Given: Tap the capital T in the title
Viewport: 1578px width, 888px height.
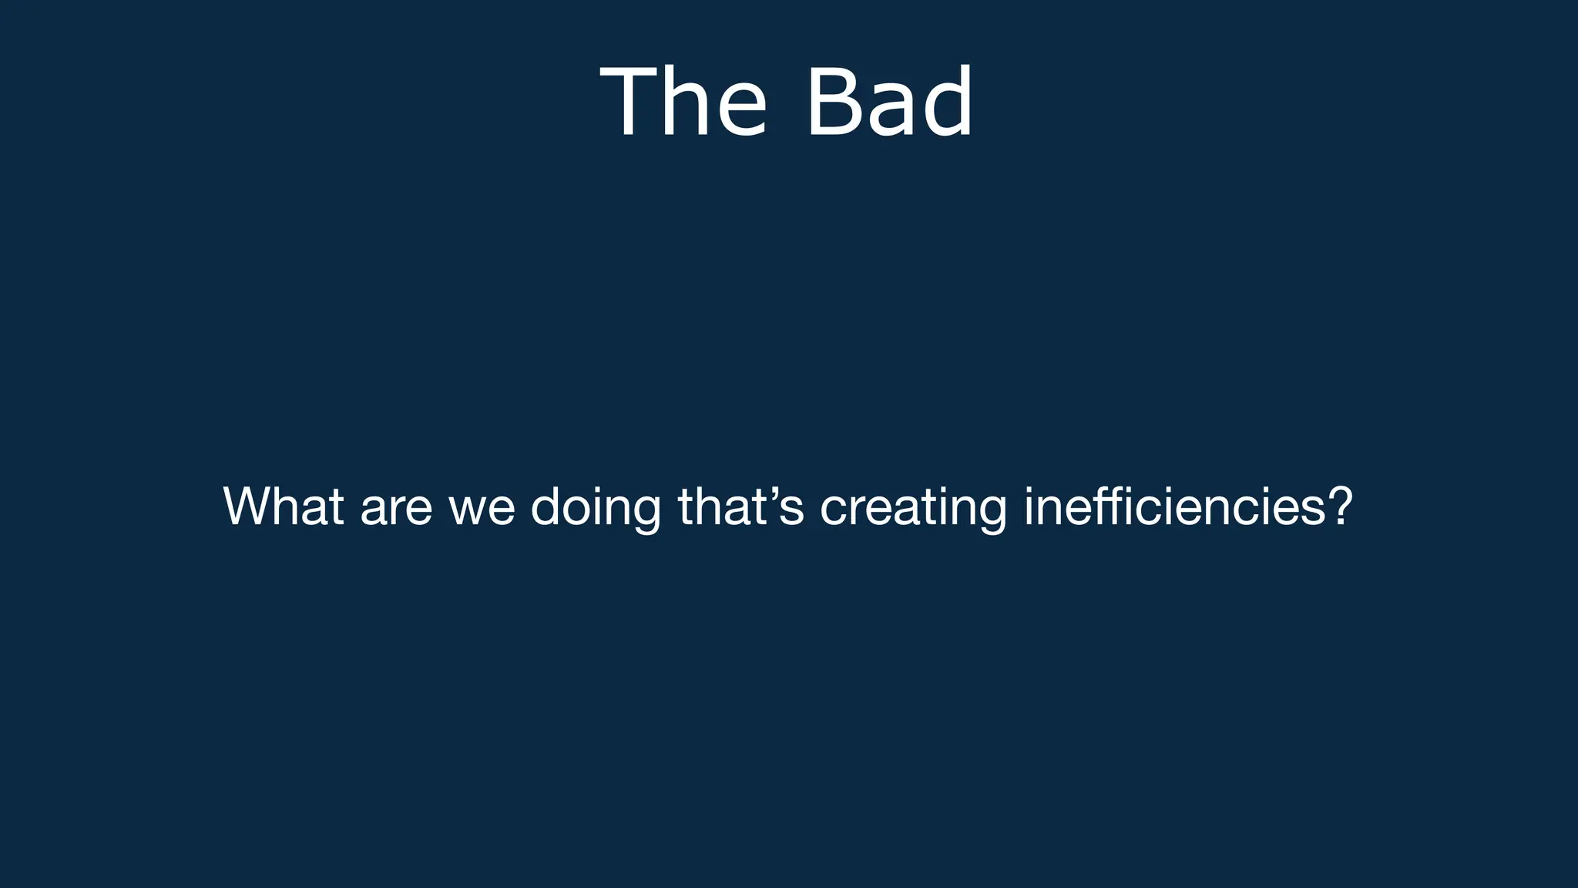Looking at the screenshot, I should [627, 103].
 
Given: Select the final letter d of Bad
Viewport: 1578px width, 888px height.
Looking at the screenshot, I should [948, 103].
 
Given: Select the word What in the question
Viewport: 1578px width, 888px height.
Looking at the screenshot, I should [283, 506].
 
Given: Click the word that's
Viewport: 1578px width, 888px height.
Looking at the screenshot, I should [740, 506].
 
